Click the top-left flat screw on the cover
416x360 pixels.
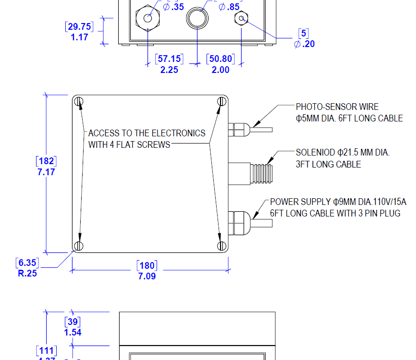79,102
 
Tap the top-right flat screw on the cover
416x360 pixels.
221,101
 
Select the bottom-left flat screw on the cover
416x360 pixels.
79,246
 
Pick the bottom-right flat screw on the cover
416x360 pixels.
221,246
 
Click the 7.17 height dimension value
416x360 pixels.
46,172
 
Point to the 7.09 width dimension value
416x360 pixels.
147,276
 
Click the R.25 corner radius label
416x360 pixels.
27,274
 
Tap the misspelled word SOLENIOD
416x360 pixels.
315,153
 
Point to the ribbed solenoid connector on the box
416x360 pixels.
259,171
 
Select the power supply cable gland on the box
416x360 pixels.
240,222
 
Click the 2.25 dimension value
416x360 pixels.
169,70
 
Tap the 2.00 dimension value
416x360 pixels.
220,70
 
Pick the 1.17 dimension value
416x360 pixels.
79,37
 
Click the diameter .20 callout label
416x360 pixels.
304,44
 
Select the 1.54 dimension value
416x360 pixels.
73,332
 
